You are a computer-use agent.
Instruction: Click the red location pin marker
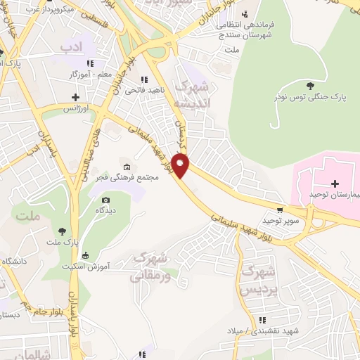tap(181, 166)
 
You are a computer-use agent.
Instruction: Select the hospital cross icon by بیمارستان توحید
tap(334, 183)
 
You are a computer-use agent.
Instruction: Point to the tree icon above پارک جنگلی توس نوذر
tap(310, 86)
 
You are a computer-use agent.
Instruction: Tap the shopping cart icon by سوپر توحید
tap(281, 210)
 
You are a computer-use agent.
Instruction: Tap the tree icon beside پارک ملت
tap(63, 230)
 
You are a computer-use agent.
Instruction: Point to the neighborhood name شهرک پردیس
tap(256, 280)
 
